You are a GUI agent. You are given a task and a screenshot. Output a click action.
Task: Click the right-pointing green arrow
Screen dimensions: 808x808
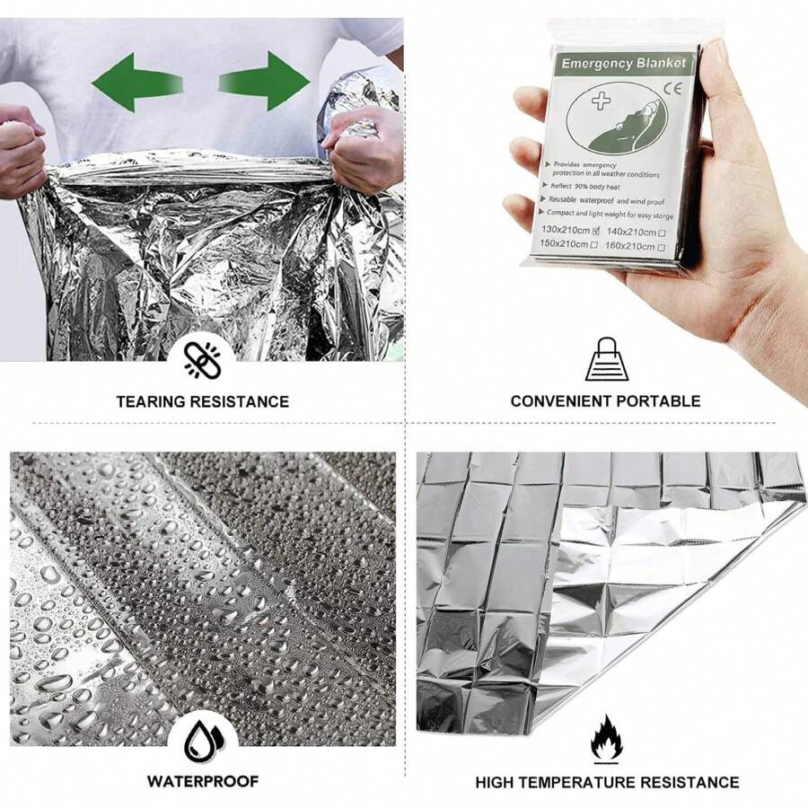click(265, 81)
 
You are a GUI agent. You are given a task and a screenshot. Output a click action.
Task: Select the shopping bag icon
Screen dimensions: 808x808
click(607, 359)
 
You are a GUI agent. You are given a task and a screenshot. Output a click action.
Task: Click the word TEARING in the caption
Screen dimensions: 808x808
click(151, 401)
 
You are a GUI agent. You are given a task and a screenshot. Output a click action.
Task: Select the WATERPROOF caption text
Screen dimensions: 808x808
click(202, 781)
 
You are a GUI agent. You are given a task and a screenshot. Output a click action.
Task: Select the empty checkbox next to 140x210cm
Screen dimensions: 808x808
click(662, 233)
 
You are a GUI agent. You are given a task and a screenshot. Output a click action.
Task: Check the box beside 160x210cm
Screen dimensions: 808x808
click(661, 246)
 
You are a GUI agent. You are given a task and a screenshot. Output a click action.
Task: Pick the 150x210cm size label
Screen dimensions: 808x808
click(565, 244)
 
